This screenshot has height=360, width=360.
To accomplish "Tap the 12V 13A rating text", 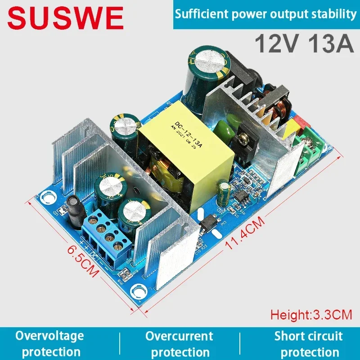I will click(305, 44).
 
